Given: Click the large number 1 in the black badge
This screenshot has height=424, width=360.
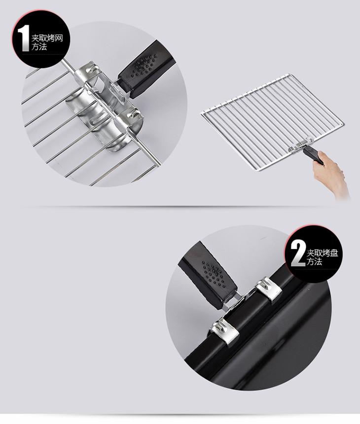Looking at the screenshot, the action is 24,38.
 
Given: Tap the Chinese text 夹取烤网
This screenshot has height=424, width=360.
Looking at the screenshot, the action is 47,38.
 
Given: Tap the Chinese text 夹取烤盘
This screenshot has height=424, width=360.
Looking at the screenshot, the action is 322,253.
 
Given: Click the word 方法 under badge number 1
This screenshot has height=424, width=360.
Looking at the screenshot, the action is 39,46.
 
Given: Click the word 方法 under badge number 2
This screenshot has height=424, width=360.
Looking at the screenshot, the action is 314,261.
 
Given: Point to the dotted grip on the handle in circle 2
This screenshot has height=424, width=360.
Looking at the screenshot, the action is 214,274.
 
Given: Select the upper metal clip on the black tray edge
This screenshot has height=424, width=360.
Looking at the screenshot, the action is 269,288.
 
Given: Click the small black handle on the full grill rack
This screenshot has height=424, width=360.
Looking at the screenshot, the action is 313,155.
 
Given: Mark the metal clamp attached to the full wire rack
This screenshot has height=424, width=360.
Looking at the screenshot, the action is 300,144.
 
